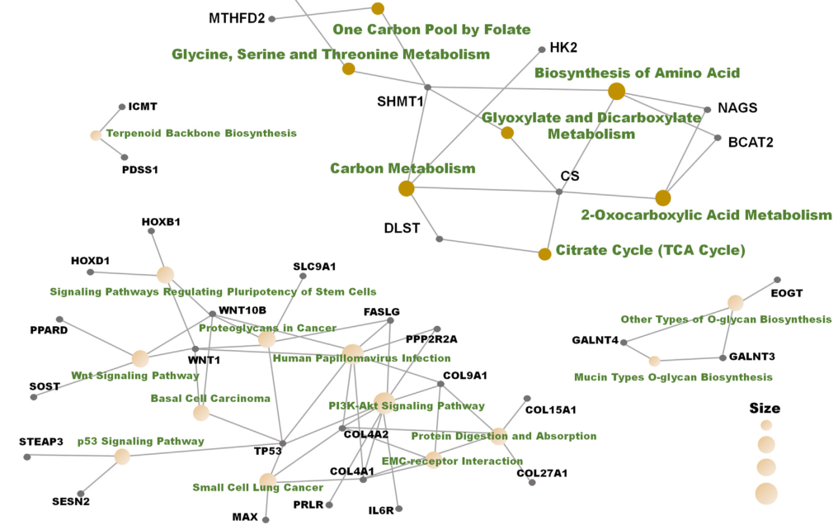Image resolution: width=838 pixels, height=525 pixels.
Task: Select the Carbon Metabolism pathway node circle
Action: tap(406, 189)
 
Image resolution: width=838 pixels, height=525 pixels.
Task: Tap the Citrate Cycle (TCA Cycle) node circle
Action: tap(544, 253)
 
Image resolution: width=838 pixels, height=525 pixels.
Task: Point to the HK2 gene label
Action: tap(563, 48)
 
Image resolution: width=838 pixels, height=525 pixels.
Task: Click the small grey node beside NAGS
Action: tap(707, 109)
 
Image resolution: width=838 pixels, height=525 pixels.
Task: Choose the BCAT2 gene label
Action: tap(751, 142)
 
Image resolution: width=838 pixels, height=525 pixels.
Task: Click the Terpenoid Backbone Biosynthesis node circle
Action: tap(96, 135)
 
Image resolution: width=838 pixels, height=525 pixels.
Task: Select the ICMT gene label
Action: tap(143, 106)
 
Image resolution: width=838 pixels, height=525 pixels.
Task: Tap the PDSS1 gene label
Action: tap(139, 169)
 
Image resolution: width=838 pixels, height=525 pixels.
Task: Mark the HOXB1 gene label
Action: tap(161, 221)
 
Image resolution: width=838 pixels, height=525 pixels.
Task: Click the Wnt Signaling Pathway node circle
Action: tap(140, 358)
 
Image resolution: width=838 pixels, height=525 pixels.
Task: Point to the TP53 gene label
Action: tap(268, 451)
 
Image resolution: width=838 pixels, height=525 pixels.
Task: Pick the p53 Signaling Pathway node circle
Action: tap(122, 456)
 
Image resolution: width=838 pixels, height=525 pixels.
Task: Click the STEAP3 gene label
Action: tap(41, 442)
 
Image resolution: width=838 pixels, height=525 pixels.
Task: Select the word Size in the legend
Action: tap(765, 408)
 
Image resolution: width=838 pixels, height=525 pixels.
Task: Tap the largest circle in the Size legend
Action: tap(766, 494)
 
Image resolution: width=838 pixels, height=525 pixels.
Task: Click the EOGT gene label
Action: tap(786, 293)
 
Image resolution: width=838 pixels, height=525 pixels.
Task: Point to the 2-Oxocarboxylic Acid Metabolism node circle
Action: tap(663, 197)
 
